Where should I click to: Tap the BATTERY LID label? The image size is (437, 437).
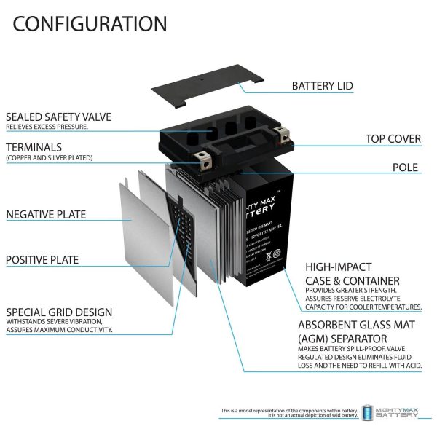click(322, 86)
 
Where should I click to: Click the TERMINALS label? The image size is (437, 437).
click(36, 146)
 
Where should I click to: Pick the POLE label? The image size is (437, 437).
click(406, 168)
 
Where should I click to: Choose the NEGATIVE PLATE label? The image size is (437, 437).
click(46, 214)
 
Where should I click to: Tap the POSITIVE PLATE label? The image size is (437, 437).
click(42, 259)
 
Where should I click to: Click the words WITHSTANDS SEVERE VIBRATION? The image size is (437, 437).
click(54, 321)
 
